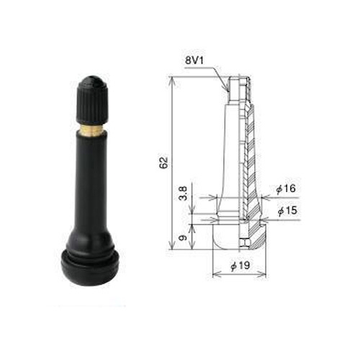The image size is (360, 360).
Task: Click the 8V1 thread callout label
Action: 194,60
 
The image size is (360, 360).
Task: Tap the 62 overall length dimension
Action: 163,163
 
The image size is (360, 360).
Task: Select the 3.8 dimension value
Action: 184,194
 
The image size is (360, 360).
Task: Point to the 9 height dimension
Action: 183,238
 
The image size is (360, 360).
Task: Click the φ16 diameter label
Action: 286,189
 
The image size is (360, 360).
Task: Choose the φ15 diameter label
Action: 287,211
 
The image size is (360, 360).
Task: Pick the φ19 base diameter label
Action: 240,266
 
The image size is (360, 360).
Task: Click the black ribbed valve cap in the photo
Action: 92,100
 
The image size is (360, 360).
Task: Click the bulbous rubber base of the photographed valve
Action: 90,268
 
